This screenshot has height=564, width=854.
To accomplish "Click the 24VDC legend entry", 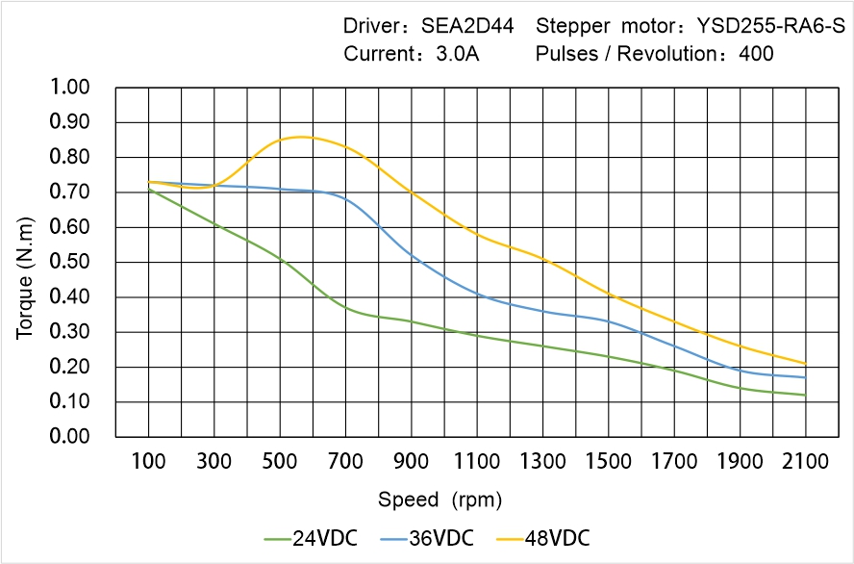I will coord(311,537).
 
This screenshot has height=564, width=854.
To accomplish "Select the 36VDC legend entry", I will coord(427,537).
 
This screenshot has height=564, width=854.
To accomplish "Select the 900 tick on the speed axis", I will coord(412,462).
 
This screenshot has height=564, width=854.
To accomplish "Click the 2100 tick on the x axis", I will coord(806,462).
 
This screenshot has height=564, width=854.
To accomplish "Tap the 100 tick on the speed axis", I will coord(148,462).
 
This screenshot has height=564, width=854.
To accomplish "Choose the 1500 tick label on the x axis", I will coord(609,462).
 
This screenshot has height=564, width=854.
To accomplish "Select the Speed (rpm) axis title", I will coord(440,500).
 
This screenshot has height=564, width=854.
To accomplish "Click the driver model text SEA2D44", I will coord(470,26).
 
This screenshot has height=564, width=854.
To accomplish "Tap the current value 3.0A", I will coord(457,54).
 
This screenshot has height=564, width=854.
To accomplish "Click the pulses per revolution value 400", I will coord(756,54).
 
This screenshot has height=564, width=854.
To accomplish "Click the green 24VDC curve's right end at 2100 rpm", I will coord(805,395).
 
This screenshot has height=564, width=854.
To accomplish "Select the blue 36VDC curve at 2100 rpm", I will coord(805,377).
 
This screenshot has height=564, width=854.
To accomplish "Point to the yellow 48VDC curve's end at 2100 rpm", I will coord(805,363).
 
